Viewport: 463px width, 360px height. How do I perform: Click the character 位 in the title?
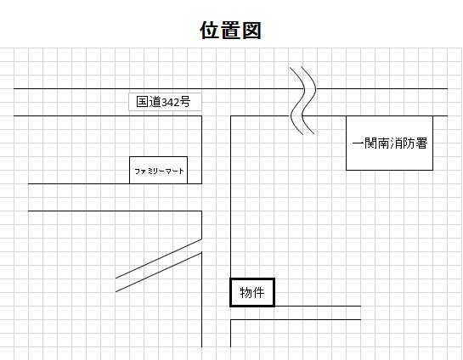click(x=211, y=30)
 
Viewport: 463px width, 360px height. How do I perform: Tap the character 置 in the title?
click(x=230, y=30)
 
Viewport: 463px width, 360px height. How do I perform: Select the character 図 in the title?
click(x=251, y=30)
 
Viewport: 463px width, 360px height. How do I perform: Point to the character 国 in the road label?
click(x=142, y=102)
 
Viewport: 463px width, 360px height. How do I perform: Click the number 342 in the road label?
click(x=171, y=102)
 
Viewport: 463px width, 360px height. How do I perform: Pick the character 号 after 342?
click(x=185, y=102)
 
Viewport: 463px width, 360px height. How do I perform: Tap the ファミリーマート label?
click(x=159, y=172)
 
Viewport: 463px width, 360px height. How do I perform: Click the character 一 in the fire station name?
click(x=358, y=143)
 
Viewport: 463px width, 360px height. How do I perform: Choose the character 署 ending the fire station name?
click(x=421, y=143)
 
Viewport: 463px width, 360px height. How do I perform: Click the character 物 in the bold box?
click(x=246, y=293)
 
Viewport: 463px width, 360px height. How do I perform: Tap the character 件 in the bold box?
click(x=258, y=293)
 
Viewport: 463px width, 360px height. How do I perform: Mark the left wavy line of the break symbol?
click(x=297, y=101)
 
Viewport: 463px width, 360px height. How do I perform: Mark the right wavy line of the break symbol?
click(x=309, y=100)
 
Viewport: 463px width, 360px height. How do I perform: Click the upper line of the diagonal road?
click(x=159, y=258)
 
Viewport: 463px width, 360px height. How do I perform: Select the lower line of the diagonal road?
click(x=159, y=272)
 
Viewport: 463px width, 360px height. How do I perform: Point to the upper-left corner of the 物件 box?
click(x=230, y=278)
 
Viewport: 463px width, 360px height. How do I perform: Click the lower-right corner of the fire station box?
click(x=433, y=170)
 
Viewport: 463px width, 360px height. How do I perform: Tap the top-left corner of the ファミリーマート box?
click(x=130, y=157)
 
